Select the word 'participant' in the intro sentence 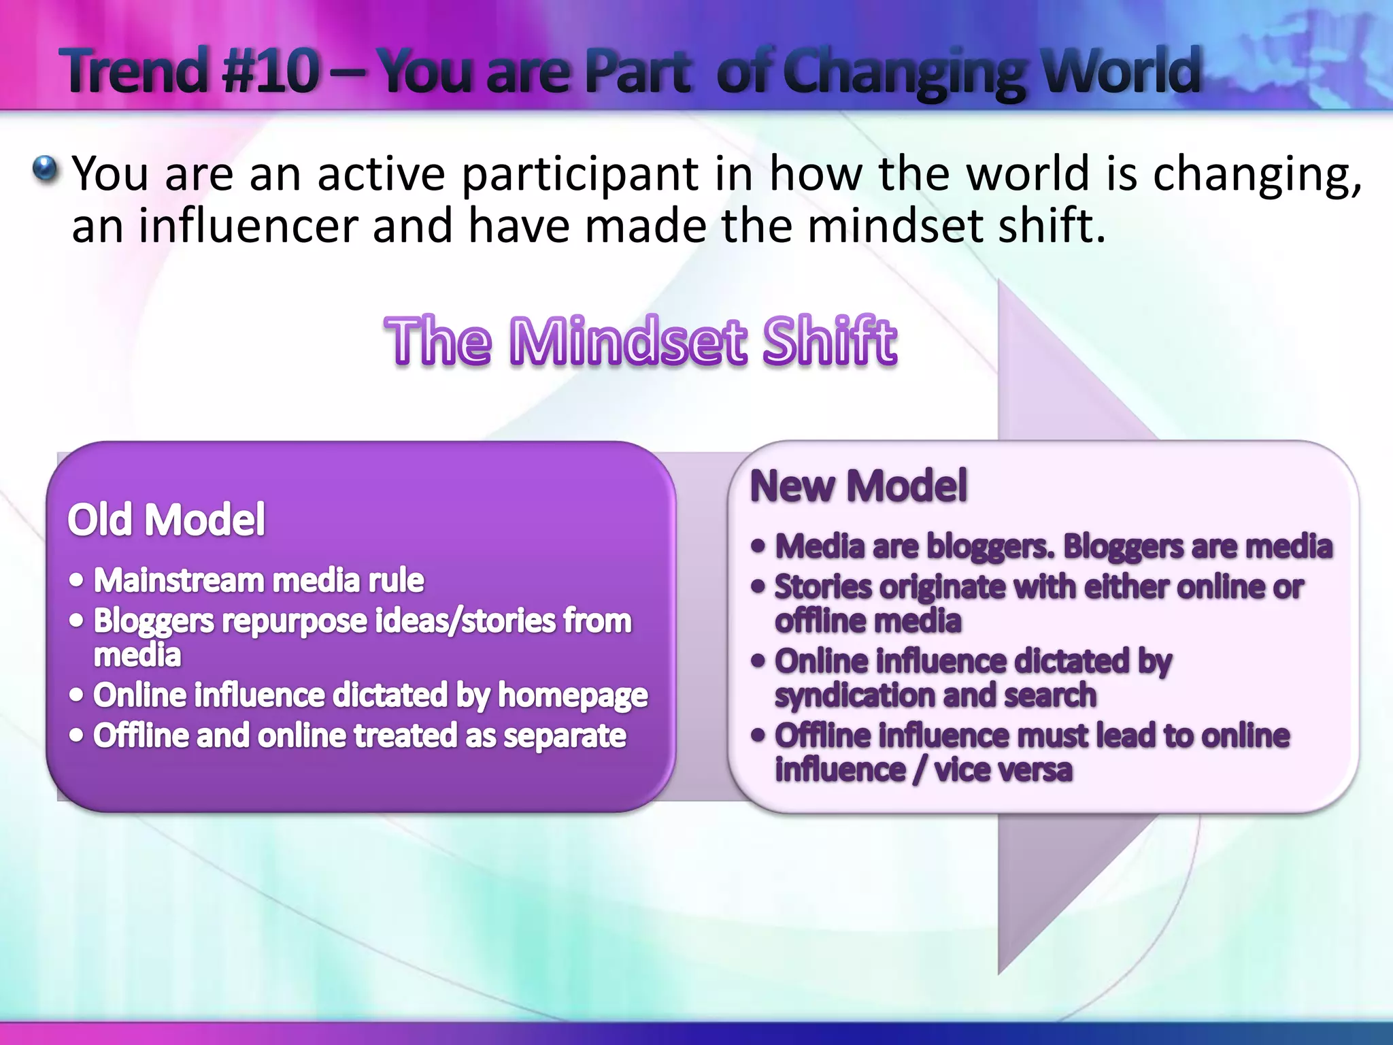580,176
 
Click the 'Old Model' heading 166,520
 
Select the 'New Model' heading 858,486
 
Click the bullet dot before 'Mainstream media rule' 77,580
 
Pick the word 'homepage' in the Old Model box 573,696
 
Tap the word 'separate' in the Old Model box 565,736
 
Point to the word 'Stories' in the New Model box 822,587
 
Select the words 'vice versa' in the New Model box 1003,770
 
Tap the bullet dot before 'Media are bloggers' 758,546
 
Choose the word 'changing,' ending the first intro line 1257,176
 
